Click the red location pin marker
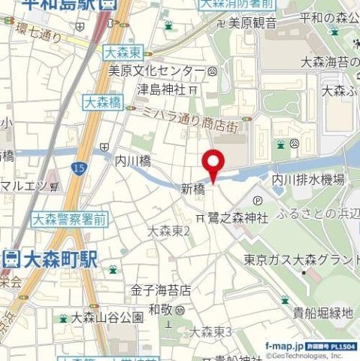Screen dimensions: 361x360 tap(214, 165)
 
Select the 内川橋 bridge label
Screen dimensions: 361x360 tap(133, 160)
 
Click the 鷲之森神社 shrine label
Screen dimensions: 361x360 tap(237, 218)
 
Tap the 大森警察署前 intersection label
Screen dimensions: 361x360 tap(69, 220)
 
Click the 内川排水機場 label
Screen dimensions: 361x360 tap(307, 180)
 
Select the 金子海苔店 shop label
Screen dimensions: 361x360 tap(161, 290)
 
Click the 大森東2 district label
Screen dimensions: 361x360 tap(169, 232)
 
